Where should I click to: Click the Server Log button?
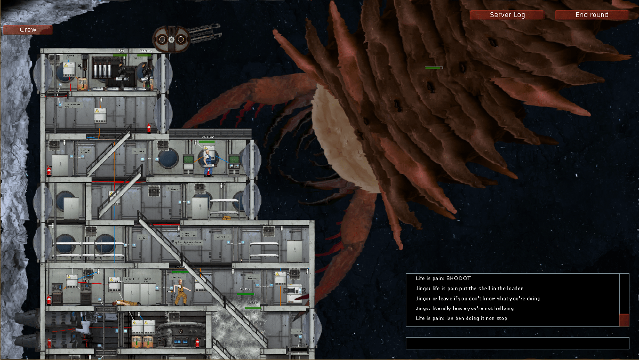tap(507, 15)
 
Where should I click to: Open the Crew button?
tap(28, 30)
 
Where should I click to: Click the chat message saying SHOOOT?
tap(443, 279)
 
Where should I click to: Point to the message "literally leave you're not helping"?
tap(464, 308)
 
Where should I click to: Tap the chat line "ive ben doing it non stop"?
tap(461, 318)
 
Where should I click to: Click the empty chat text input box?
tap(517, 343)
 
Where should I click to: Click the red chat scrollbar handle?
tap(625, 320)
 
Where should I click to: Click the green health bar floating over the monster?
tap(434, 68)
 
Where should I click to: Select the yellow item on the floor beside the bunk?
tap(226, 218)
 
